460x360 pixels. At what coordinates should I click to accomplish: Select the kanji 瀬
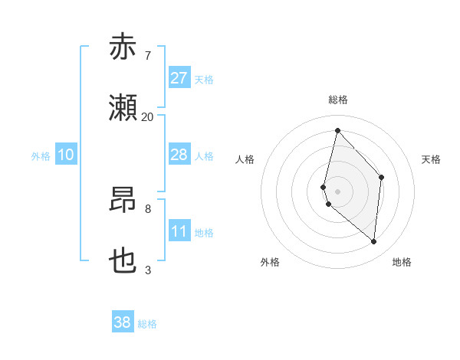(123, 108)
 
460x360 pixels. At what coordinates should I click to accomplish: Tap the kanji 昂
(123, 200)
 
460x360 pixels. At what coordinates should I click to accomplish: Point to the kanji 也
(123, 261)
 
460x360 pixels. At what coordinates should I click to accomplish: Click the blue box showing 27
(179, 78)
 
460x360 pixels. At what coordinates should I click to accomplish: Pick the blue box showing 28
(179, 155)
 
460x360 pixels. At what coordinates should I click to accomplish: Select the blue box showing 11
(179, 231)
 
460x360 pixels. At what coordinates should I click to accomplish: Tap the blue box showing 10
(65, 155)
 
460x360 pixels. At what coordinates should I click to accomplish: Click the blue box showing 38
(123, 322)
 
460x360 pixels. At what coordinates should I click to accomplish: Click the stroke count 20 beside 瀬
(147, 116)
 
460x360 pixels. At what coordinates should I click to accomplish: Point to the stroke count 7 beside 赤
(147, 55)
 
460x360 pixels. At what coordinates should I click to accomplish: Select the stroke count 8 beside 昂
(147, 208)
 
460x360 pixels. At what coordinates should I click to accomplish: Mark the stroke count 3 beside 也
(147, 270)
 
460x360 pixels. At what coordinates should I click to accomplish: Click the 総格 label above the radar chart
(338, 100)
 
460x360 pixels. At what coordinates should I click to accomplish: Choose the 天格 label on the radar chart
(432, 159)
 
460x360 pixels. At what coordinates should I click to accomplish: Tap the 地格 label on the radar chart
(402, 262)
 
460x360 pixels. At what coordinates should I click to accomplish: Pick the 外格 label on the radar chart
(270, 262)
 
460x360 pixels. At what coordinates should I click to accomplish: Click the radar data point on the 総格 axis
(337, 130)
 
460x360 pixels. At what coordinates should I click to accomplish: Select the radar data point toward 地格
(373, 241)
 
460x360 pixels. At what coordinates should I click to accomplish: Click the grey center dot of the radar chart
(337, 191)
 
